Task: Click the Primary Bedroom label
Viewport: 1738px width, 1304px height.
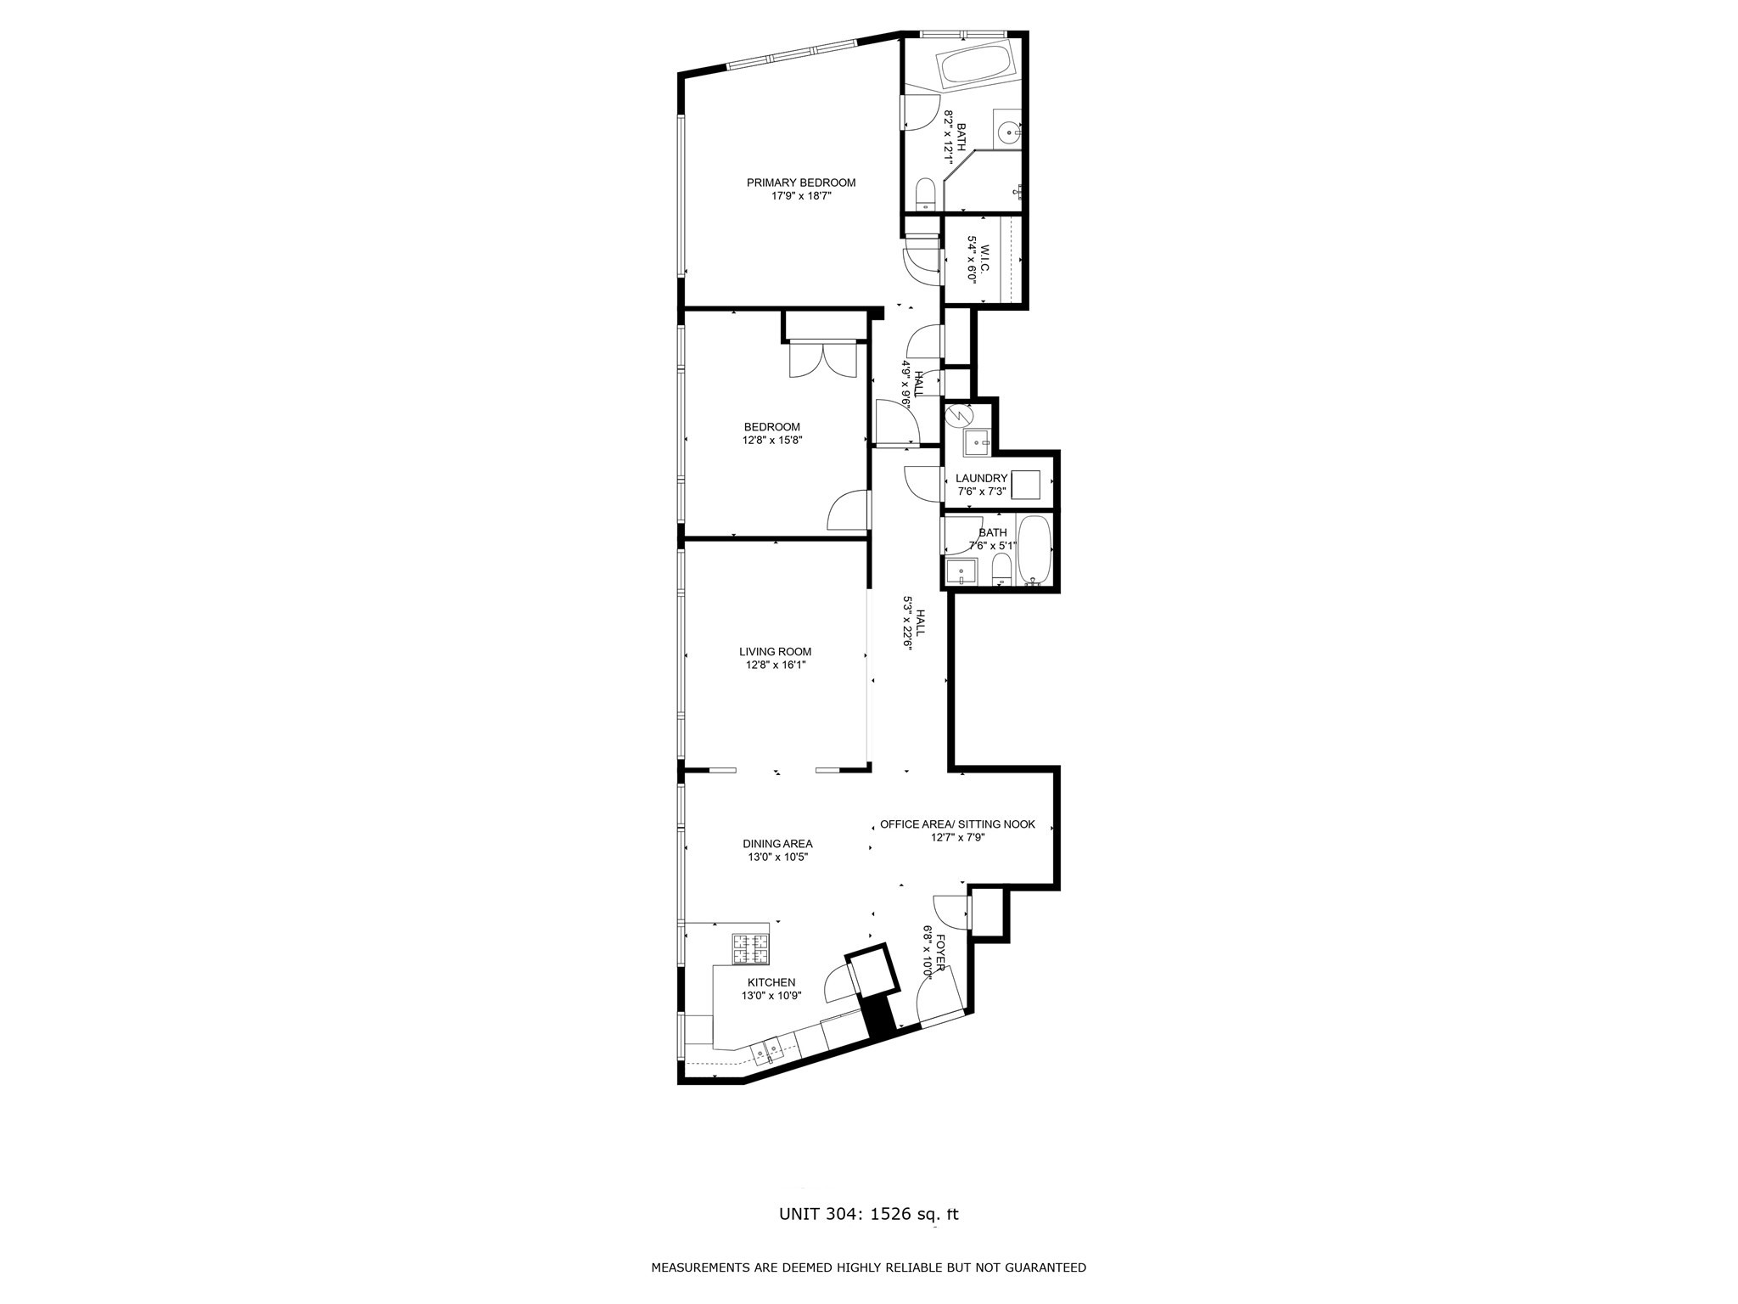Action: pyautogui.click(x=800, y=183)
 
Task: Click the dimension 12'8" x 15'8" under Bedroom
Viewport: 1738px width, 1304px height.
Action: pyautogui.click(x=772, y=441)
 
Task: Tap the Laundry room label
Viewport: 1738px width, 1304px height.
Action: pyautogui.click(x=981, y=478)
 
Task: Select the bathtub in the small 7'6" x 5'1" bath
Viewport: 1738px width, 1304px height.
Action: pyautogui.click(x=1034, y=549)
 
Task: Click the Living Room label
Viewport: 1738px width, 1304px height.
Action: pyautogui.click(x=775, y=652)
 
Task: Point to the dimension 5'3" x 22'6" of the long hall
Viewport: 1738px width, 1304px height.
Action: pyautogui.click(x=906, y=622)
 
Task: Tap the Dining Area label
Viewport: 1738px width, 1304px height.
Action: pyautogui.click(x=777, y=844)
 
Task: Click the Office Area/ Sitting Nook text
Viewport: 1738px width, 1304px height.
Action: pyautogui.click(x=957, y=824)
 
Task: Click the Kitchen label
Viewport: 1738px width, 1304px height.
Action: pyautogui.click(x=771, y=982)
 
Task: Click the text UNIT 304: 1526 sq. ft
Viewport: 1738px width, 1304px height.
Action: pyautogui.click(x=869, y=1214)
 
